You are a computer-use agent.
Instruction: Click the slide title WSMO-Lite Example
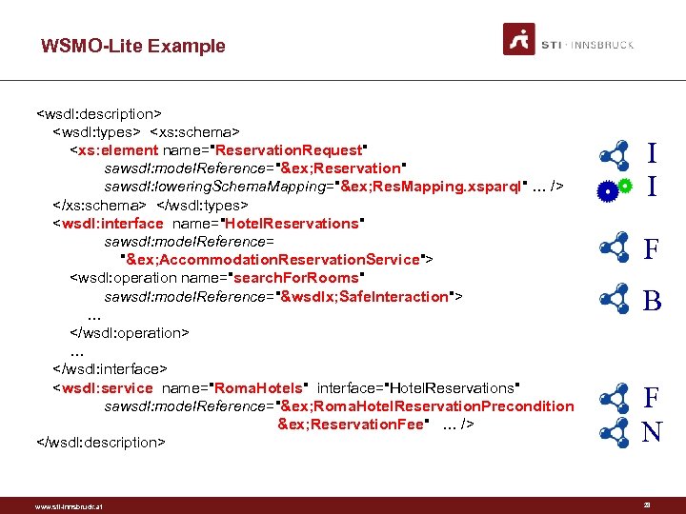click(x=133, y=46)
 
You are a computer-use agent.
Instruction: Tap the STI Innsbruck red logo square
click(x=519, y=39)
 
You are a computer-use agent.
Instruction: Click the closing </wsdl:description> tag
click(x=100, y=442)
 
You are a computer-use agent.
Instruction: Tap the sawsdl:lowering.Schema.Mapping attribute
click(x=214, y=187)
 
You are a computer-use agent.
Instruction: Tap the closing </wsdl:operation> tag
click(x=129, y=333)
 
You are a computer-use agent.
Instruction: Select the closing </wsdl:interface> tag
click(x=110, y=369)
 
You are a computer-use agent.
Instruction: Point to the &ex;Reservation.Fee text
click(x=353, y=425)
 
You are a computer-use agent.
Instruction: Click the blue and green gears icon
click(x=614, y=188)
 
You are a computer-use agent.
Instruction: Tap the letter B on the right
click(x=652, y=302)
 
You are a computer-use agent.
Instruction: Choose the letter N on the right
click(x=652, y=433)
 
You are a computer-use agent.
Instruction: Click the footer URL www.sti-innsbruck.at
click(x=69, y=505)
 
